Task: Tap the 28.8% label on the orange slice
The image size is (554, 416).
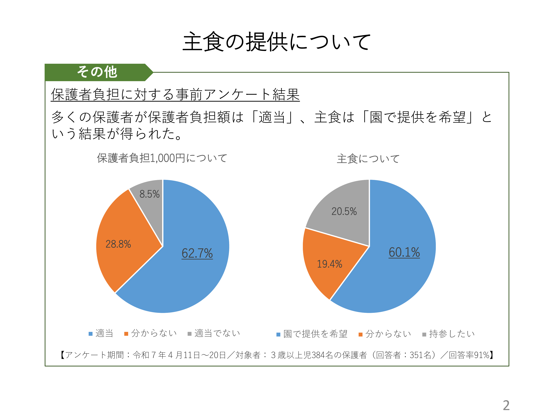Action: point(118,244)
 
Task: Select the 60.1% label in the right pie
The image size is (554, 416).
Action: point(404,252)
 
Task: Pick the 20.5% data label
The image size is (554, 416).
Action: point(344,211)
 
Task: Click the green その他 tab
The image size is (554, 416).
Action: point(97,72)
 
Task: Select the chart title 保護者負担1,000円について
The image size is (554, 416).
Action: point(162,158)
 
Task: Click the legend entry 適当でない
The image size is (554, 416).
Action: point(217,333)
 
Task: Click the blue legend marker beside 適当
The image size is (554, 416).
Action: point(91,334)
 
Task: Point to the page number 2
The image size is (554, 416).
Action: point(506,405)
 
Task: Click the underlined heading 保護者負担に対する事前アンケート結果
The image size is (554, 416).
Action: point(175,94)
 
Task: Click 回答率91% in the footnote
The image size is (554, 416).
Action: point(469,355)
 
